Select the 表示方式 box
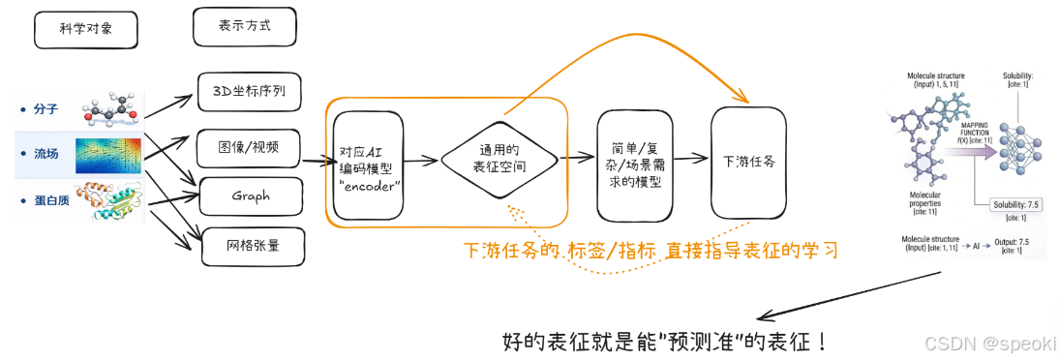pyautogui.click(x=244, y=27)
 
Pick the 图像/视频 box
pyautogui.click(x=249, y=147)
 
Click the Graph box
pyautogui.click(x=250, y=196)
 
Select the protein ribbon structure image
pyautogui.click(x=113, y=200)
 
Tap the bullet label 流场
pyautogui.click(x=45, y=155)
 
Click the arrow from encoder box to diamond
pyautogui.click(x=421, y=162)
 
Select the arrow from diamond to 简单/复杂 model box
pyautogui.click(x=578, y=157)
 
